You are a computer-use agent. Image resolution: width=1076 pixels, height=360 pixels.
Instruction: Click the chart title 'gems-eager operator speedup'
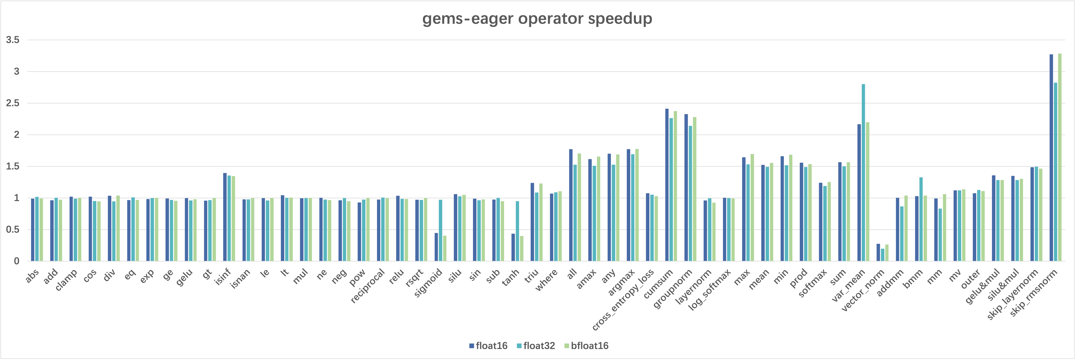537,19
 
